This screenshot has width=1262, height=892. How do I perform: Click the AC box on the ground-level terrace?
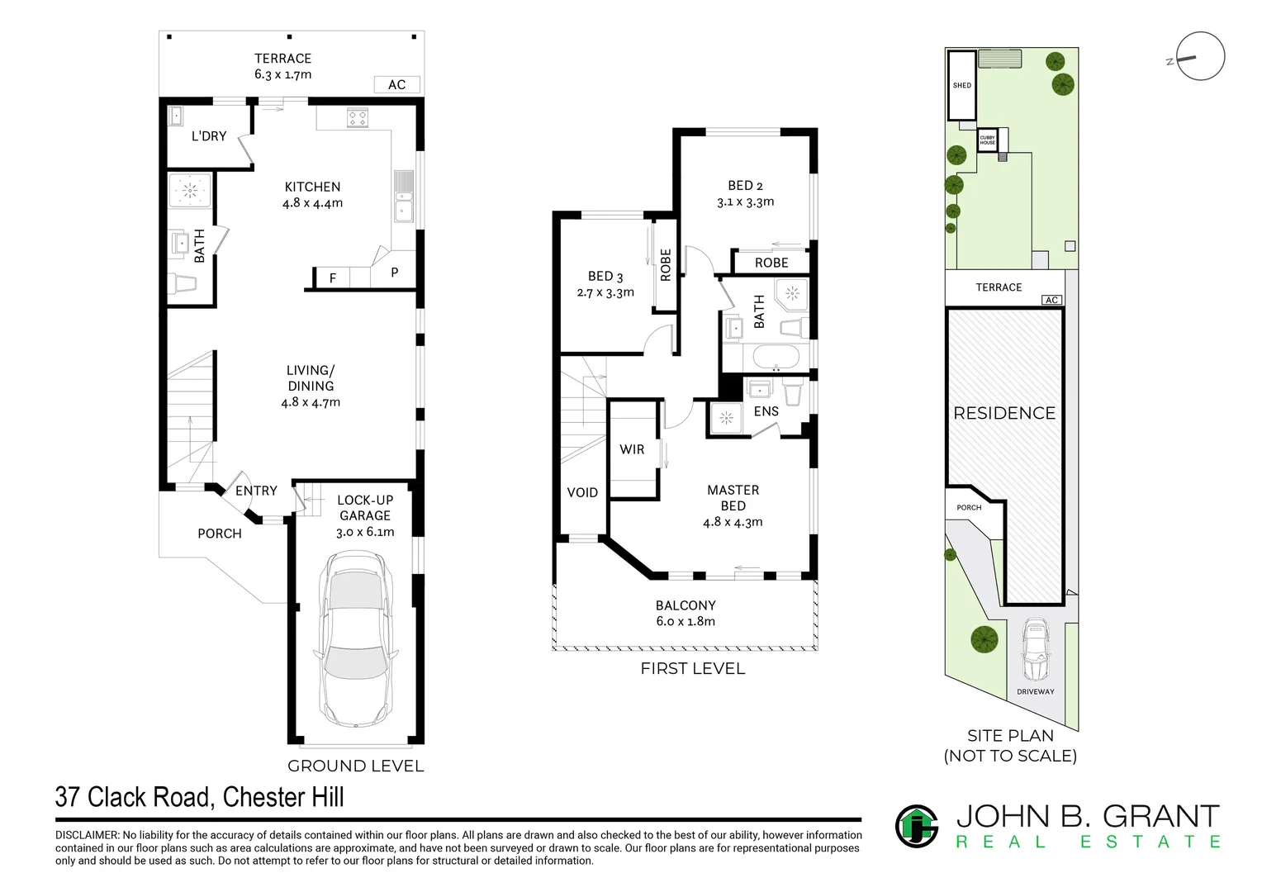(x=396, y=84)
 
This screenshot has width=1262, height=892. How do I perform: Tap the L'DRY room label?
(x=208, y=136)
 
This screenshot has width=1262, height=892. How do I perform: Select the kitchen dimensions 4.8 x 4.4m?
(x=312, y=203)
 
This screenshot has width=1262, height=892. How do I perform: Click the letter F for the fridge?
(x=333, y=278)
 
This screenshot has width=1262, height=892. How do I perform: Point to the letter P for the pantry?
(x=395, y=273)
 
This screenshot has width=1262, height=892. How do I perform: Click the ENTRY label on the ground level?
(x=256, y=491)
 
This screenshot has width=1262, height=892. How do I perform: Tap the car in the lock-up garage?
(x=355, y=639)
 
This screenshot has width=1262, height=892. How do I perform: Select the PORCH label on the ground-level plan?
(x=220, y=534)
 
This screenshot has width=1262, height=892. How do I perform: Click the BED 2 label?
(x=745, y=186)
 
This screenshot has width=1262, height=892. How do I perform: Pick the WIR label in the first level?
(x=632, y=449)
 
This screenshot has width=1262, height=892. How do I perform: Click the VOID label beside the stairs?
(x=582, y=492)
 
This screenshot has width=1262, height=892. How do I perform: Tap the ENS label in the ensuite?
(x=766, y=411)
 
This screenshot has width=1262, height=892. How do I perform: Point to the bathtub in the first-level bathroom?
(x=776, y=358)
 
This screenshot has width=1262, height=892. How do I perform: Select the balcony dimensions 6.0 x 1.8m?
(x=686, y=622)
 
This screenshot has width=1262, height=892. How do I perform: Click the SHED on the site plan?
(x=961, y=85)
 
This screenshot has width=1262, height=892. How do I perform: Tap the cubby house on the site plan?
(x=988, y=140)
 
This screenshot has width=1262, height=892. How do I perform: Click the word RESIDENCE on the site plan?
(x=1004, y=413)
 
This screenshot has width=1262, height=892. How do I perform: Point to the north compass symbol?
(x=1199, y=57)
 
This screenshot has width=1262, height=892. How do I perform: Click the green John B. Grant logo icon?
(x=917, y=826)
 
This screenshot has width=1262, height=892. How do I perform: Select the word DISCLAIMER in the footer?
(x=88, y=836)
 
